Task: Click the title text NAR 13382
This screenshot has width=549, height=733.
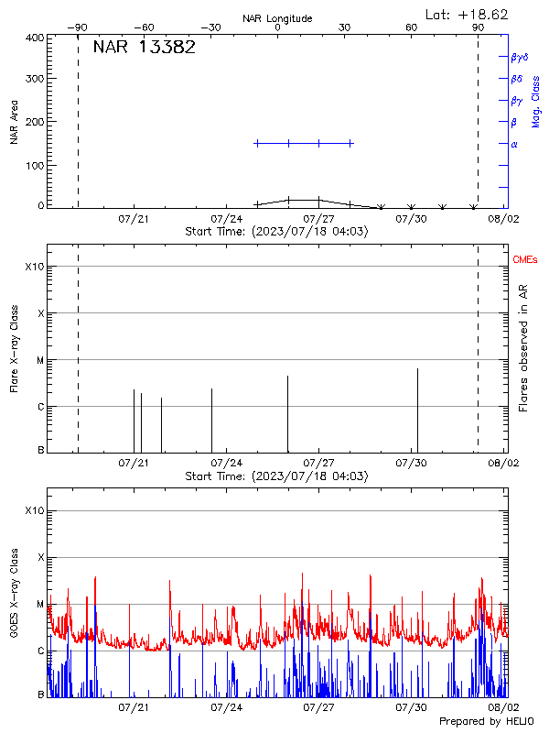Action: pos(144,48)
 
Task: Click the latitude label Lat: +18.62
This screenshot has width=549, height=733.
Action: pos(468,14)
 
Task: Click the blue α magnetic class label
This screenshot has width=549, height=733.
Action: pos(514,144)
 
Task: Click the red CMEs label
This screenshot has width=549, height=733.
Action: pos(525,261)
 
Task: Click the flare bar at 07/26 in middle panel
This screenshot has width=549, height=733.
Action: pos(287,412)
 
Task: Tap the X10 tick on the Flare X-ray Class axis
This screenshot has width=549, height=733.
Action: pos(34,267)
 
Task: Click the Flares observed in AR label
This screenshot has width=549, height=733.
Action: pos(523,353)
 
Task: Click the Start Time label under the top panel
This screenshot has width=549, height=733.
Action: pos(276,232)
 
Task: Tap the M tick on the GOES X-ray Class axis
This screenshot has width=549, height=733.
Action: pos(39,604)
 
